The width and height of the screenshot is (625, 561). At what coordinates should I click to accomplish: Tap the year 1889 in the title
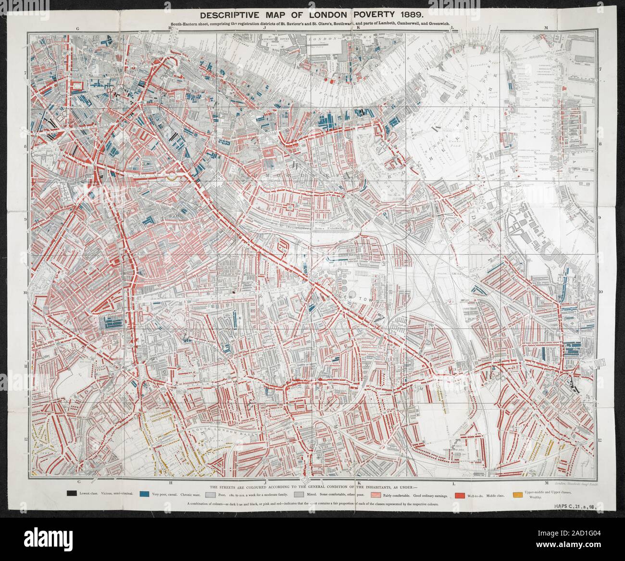408,14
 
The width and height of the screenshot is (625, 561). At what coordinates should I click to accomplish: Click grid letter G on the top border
77,29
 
